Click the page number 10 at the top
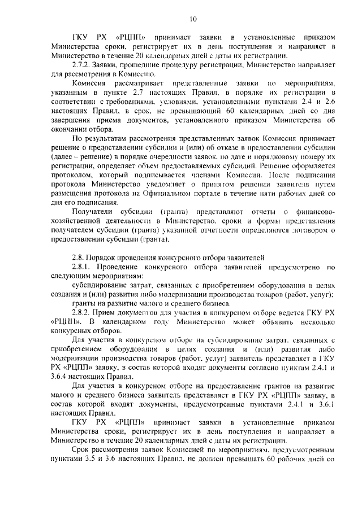[192, 19]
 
